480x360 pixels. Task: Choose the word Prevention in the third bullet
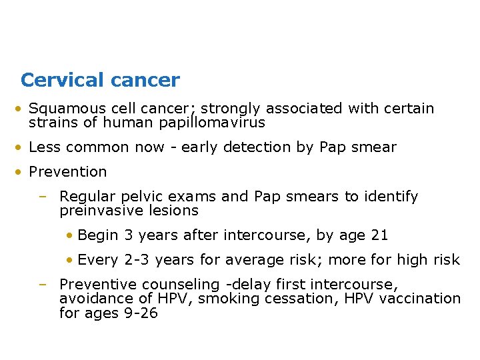(x=68, y=172)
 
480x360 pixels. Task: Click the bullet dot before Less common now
(x=23, y=148)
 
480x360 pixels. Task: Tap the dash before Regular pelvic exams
(x=43, y=197)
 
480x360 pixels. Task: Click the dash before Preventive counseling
(x=43, y=285)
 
